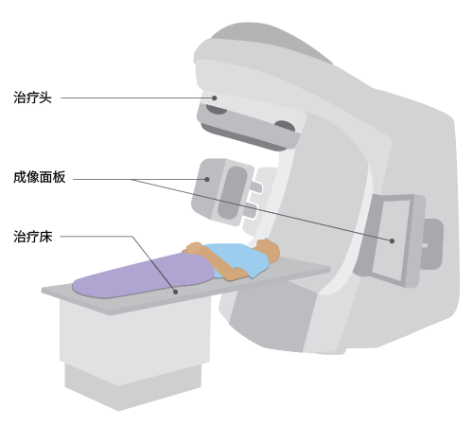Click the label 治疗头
tap(32, 98)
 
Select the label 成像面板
tap(40, 177)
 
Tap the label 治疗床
tap(33, 237)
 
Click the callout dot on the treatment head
tap(214, 98)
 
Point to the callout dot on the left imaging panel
tap(207, 179)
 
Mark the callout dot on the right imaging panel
tap(392, 240)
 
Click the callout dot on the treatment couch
tap(176, 292)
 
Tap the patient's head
tap(269, 249)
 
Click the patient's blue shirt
tap(239, 258)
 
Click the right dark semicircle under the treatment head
tap(285, 126)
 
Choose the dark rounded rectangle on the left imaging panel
tap(232, 192)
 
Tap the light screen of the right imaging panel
tap(391, 240)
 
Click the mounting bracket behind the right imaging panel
tap(433, 244)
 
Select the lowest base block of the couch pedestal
tap(132, 386)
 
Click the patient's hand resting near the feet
tap(193, 247)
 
